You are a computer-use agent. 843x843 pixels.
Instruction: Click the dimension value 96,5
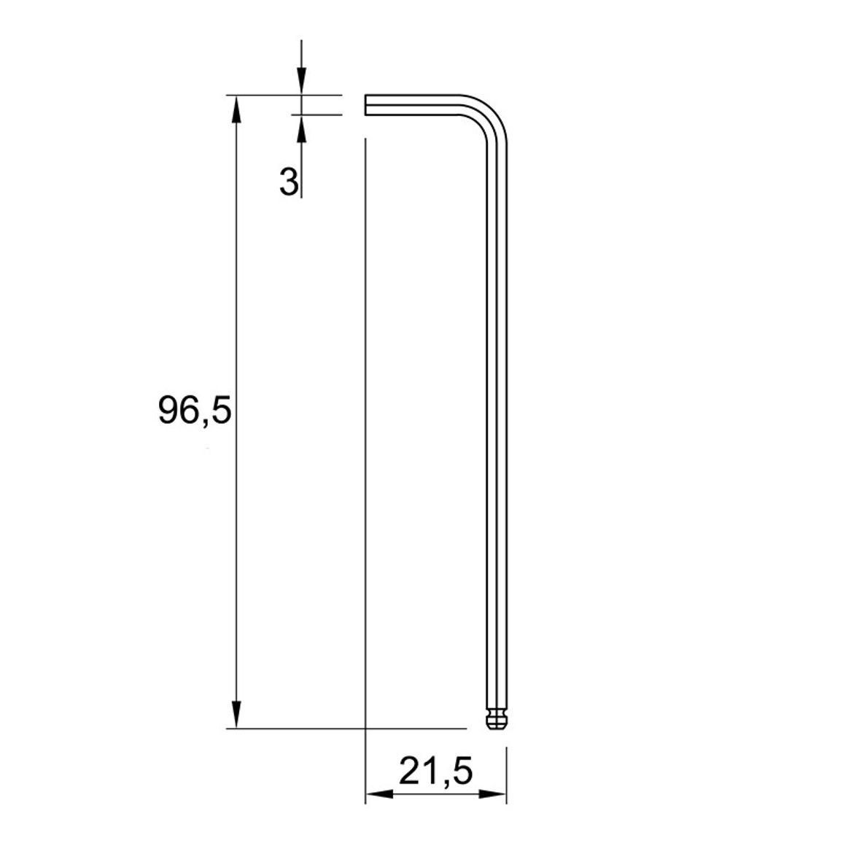(x=195, y=411)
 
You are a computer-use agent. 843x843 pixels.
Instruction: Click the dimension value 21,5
(x=435, y=772)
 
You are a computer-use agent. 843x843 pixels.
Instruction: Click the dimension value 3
(x=289, y=181)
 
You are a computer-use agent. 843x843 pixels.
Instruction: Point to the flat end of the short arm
(x=365, y=105)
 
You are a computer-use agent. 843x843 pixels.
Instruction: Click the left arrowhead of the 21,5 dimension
(x=379, y=794)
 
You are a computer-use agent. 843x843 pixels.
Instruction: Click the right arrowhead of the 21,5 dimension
(x=492, y=794)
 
